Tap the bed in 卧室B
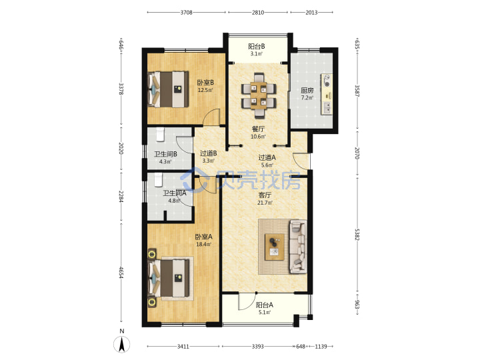click(168, 89)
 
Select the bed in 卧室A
click(168, 278)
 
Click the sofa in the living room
click(298, 247)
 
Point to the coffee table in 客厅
click(275, 247)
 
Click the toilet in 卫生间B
click(161, 135)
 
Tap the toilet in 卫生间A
click(158, 180)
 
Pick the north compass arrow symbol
click(122, 344)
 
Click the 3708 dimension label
click(186, 13)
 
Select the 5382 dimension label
click(357, 234)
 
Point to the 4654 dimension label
click(121, 272)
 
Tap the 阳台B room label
click(257, 47)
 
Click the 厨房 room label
click(307, 90)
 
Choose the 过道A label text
click(267, 157)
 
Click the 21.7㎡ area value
click(265, 203)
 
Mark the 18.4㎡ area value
click(203, 244)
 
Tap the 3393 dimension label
click(258, 347)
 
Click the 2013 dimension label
click(311, 13)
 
